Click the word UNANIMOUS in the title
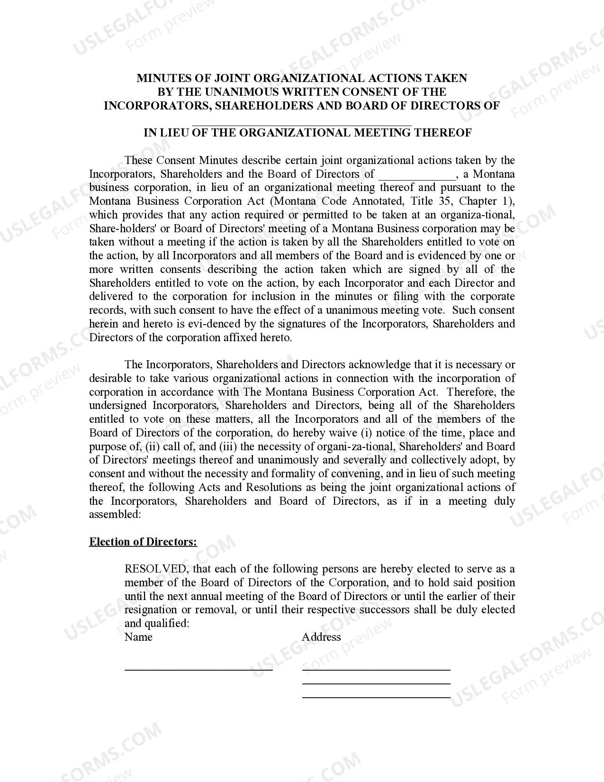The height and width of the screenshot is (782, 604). pos(253,92)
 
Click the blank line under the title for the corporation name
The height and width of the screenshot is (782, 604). pos(302,124)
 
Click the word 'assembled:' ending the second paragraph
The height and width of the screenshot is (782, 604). pos(115,515)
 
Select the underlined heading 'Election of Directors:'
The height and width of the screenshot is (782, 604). pos(143,542)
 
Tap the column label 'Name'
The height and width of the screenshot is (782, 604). pos(138,637)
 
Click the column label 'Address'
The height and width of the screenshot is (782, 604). pos(321,637)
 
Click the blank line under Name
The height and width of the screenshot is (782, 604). pos(198,669)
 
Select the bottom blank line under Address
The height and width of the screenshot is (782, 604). pos(376,697)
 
